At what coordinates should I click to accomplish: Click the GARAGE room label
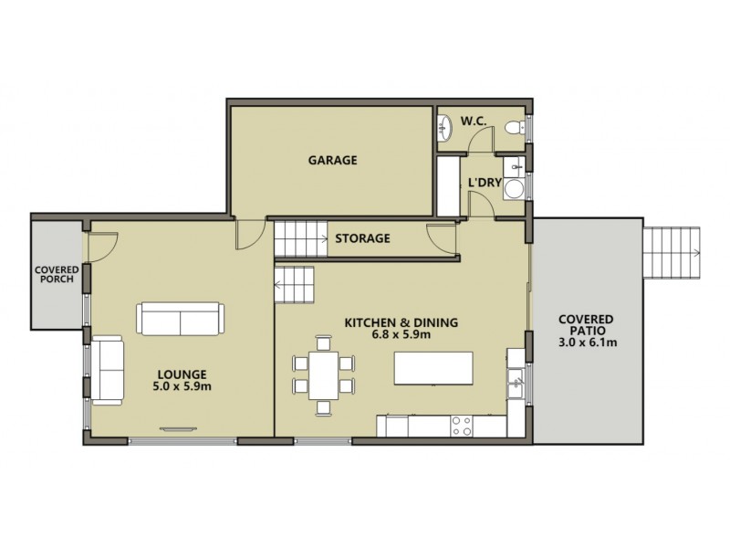331,160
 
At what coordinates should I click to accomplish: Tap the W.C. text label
472,120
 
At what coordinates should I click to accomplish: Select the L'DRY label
484,183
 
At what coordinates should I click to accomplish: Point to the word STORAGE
362,239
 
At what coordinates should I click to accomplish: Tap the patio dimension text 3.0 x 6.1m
588,343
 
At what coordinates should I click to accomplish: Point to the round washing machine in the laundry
516,189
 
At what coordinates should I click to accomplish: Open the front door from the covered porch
101,245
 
